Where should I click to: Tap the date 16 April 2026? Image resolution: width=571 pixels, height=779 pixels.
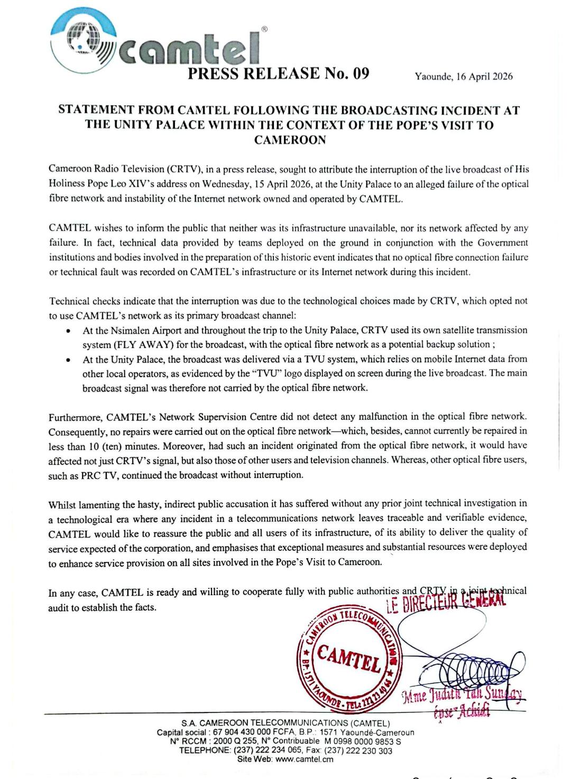[484, 77]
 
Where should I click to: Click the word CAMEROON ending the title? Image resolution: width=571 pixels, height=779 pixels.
[290, 140]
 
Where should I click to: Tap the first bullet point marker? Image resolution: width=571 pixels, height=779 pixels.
[68, 331]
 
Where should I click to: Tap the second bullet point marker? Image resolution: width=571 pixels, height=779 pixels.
[68, 360]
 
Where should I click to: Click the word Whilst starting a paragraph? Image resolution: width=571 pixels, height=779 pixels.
[63, 504]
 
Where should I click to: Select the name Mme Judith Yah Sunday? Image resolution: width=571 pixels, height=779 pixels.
[463, 696]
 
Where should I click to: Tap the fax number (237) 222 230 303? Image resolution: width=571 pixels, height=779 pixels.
[358, 750]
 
